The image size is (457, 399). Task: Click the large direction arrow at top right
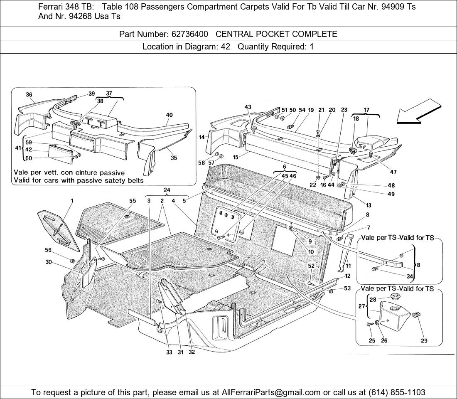pyautogui.click(x=418, y=112)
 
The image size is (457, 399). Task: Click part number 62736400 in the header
pyautogui.click(x=190, y=34)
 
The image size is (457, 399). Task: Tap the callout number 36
pyautogui.click(x=29, y=94)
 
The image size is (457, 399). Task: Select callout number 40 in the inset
pyautogui.click(x=170, y=115)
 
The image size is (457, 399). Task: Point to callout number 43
pyautogui.click(x=248, y=107)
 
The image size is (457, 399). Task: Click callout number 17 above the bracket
pyautogui.click(x=367, y=110)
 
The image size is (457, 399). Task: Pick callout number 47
pyautogui.click(x=393, y=172)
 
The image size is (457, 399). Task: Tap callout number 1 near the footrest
pyautogui.click(x=72, y=201)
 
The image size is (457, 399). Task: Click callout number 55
pyautogui.click(x=133, y=201)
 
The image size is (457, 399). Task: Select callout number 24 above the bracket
pyautogui.click(x=167, y=190)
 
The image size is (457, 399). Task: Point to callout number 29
pyautogui.click(x=424, y=340)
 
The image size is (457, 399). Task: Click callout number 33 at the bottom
pyautogui.click(x=170, y=352)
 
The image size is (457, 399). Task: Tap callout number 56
pyautogui.click(x=48, y=250)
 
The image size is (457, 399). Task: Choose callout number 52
pyautogui.click(x=311, y=266)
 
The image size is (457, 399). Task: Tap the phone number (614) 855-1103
pyautogui.click(x=397, y=392)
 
